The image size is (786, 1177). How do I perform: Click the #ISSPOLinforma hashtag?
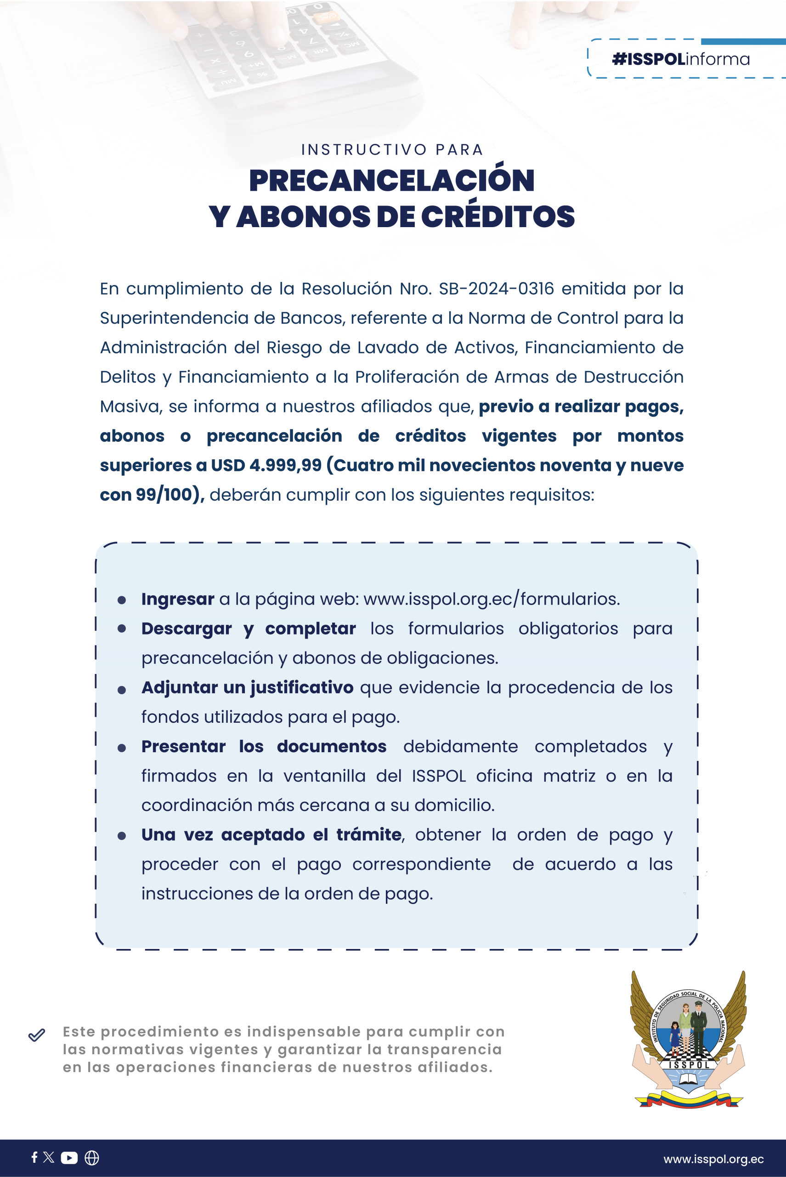(x=680, y=59)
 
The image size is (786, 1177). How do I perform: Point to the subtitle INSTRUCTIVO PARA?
(x=392, y=149)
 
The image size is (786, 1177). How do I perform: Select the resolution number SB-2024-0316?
(x=496, y=289)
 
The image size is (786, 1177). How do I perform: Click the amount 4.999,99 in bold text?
(x=285, y=466)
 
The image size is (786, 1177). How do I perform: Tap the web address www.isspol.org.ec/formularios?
(x=491, y=599)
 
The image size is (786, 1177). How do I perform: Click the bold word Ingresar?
(x=177, y=599)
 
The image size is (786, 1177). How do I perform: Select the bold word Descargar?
(x=186, y=628)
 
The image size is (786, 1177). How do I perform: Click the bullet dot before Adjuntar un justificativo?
(x=121, y=691)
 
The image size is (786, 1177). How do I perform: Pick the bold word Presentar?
(x=183, y=747)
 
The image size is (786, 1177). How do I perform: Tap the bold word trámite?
(x=368, y=835)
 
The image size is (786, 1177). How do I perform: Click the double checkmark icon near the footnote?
(x=37, y=1035)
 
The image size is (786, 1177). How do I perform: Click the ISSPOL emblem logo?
(x=688, y=1039)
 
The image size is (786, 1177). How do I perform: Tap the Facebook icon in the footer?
(x=34, y=1157)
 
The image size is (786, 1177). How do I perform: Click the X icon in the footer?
(x=49, y=1157)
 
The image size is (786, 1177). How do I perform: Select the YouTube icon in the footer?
(x=69, y=1157)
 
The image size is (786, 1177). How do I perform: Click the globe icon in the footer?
(x=92, y=1157)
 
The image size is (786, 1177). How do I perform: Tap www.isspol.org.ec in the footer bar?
(x=713, y=1159)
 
